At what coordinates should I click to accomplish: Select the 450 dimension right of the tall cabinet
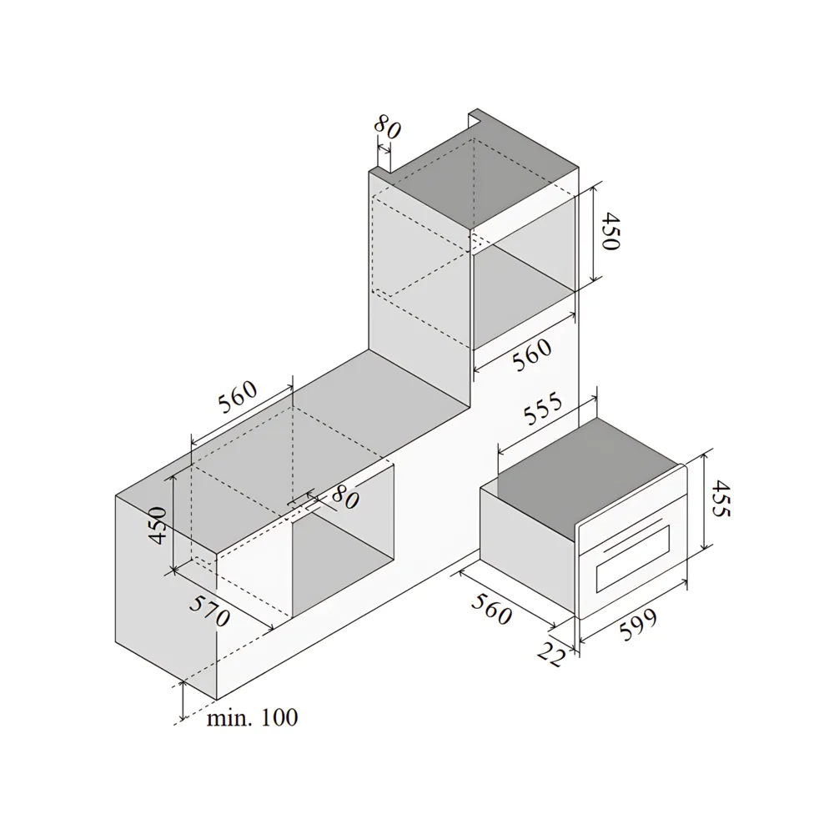(610, 231)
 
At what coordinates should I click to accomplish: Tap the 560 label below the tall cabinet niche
(532, 354)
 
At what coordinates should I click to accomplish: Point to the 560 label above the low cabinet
(237, 397)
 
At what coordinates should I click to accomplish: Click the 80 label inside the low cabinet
(345, 498)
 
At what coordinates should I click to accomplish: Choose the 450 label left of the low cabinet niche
(158, 525)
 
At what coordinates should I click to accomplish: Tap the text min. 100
(252, 717)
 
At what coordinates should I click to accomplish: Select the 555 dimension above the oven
(543, 409)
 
